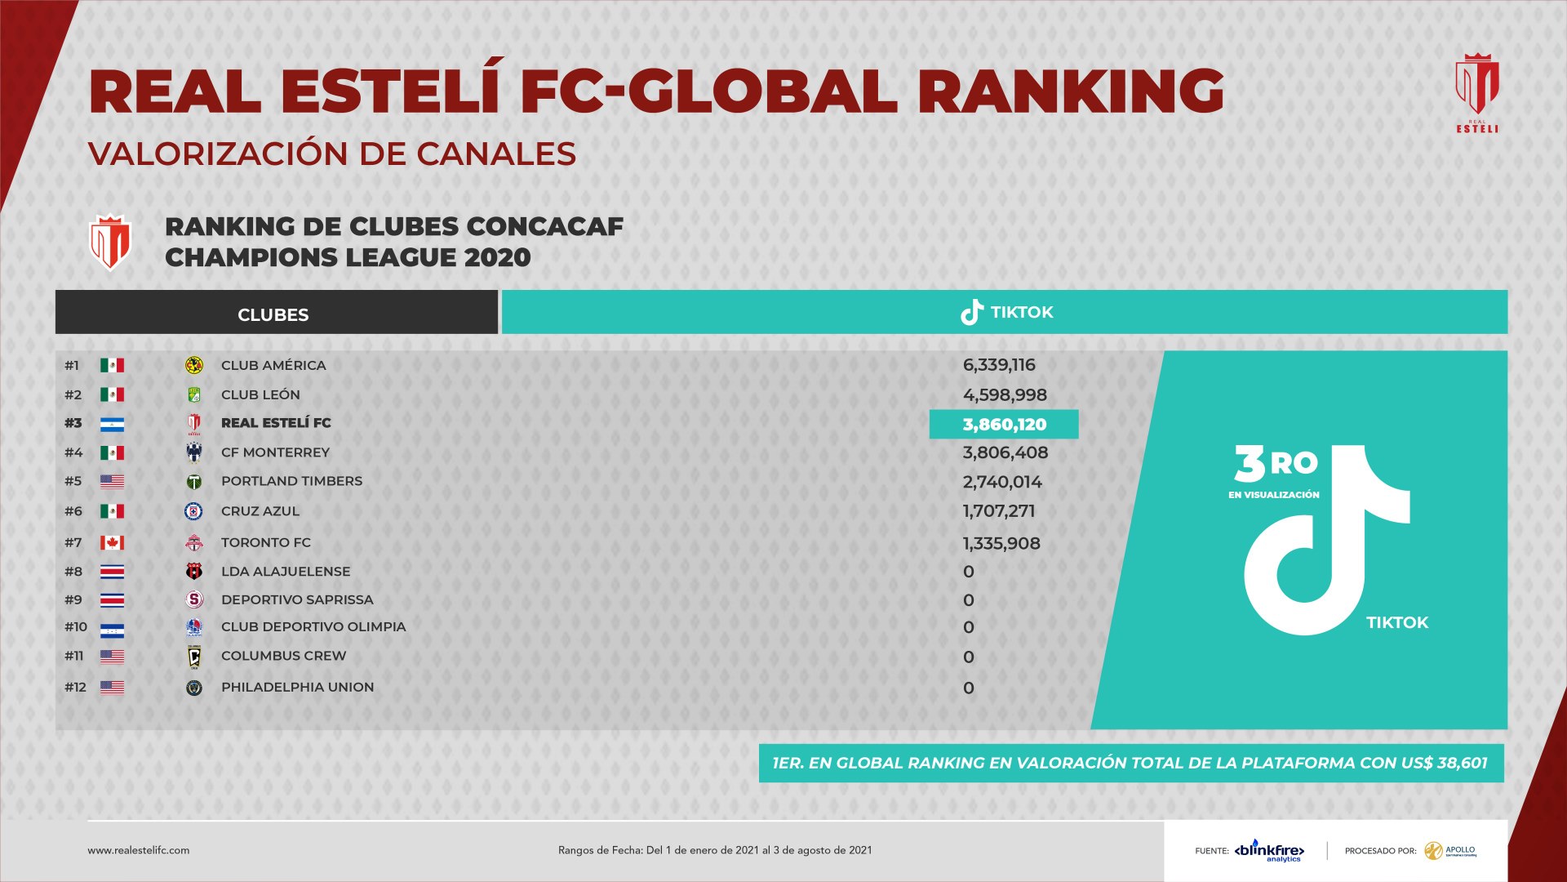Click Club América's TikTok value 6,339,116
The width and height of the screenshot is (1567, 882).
999,365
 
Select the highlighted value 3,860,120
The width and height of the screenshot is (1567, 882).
1004,425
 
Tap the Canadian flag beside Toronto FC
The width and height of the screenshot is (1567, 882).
112,542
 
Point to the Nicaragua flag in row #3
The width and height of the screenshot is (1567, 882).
112,424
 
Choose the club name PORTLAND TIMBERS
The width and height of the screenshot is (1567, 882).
291,481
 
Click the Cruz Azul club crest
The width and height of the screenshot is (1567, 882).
193,511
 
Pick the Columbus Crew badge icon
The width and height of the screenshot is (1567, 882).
194,657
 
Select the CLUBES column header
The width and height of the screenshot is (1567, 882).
273,314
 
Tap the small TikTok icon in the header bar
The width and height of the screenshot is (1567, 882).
971,312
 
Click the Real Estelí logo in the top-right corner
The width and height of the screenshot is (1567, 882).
1477,91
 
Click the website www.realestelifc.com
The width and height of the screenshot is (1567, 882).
139,850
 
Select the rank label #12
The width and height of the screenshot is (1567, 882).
75,688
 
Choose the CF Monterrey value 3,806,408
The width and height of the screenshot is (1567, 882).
1005,452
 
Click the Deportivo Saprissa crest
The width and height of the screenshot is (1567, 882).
194,600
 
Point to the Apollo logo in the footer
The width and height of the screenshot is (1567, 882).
1451,851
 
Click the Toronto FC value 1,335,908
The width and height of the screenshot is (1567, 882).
1001,544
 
